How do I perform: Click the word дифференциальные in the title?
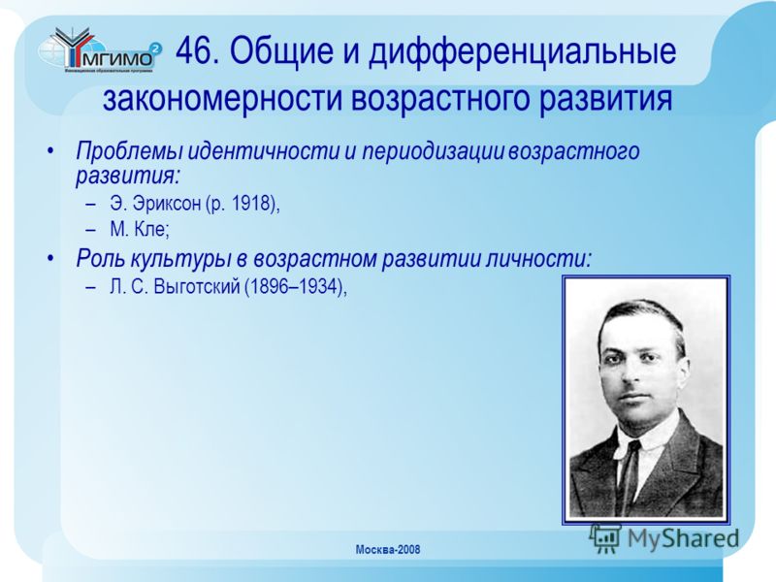pos(522,52)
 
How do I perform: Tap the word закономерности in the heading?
pos(223,98)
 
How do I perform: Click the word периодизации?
pos(434,151)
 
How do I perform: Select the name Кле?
pos(152,229)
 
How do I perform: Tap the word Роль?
pos(100,259)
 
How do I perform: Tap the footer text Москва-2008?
pos(388,549)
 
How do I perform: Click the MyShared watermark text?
pos(683,538)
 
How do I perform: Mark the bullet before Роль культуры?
pos(50,260)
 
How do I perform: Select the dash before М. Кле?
pos(90,230)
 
